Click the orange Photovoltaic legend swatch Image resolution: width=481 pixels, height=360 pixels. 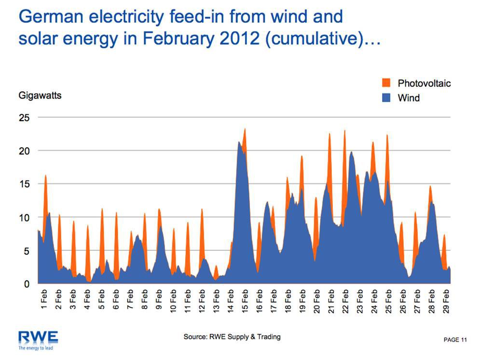tap(386, 83)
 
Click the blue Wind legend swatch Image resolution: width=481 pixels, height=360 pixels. tap(386, 97)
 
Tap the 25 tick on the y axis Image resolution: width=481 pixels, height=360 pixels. tap(24, 118)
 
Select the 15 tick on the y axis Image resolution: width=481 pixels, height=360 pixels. tap(24, 184)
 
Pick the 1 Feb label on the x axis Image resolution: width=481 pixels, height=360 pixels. tap(44, 300)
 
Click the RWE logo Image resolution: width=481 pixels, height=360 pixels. tap(38, 336)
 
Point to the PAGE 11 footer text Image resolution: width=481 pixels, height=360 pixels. tap(455, 340)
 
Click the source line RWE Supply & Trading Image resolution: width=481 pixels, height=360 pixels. tap(232, 336)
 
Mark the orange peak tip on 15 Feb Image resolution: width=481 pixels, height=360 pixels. tap(245, 128)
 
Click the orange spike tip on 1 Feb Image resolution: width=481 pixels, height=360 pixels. tap(45, 175)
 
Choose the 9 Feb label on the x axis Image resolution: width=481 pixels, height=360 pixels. tap(159, 300)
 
